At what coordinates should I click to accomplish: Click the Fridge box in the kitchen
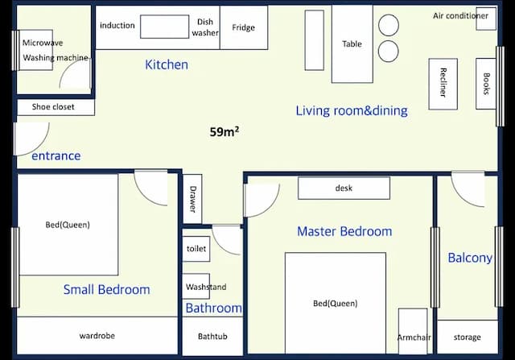(244, 27)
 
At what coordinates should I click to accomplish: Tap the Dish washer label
(205, 27)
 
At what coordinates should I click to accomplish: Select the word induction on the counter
(117, 25)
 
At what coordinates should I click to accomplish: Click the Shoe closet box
(56, 107)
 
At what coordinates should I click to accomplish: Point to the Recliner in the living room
(443, 85)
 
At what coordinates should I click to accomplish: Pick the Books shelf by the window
(486, 84)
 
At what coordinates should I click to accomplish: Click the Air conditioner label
(460, 16)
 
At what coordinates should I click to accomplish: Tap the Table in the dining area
(352, 44)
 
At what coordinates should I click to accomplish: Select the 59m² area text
(225, 131)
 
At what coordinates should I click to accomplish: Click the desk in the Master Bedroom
(344, 188)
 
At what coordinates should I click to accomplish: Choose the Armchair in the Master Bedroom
(413, 331)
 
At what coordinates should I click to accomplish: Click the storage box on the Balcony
(468, 337)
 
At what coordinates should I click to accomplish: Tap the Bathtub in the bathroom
(212, 337)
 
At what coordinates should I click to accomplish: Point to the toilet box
(196, 249)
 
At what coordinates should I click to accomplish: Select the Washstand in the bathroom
(196, 287)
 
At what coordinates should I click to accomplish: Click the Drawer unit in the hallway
(192, 199)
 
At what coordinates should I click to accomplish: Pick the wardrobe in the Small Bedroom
(97, 336)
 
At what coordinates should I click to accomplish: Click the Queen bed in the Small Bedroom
(68, 225)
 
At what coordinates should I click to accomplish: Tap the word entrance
(56, 155)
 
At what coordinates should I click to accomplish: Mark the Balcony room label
(470, 258)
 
